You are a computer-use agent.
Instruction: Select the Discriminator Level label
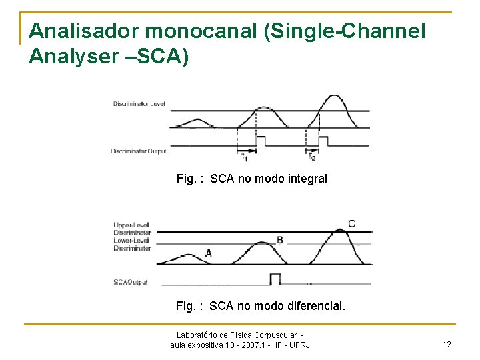(139, 104)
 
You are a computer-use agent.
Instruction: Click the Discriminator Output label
(138, 151)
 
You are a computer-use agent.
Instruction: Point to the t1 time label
(244, 158)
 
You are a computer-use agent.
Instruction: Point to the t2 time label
(312, 158)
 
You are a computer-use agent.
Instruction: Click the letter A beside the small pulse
(209, 253)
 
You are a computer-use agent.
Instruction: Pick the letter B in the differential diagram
(280, 240)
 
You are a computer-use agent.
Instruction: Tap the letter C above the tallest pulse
(351, 223)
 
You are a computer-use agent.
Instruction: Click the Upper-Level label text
(132, 225)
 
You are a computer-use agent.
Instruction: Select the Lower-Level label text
(132, 241)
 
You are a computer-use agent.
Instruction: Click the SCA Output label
(131, 282)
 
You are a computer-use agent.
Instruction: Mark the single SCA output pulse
(275, 279)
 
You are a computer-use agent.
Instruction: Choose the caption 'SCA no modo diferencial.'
(261, 306)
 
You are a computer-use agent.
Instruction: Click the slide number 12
(447, 344)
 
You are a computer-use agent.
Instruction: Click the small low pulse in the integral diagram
(196, 123)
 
